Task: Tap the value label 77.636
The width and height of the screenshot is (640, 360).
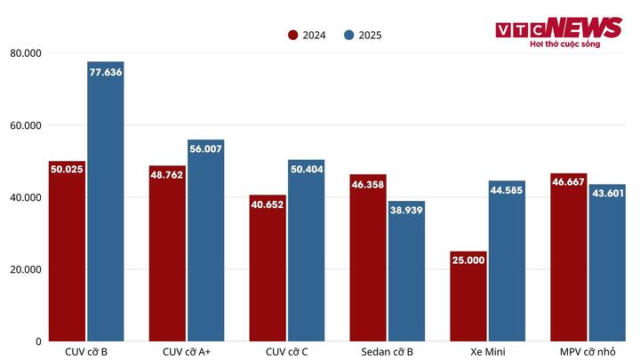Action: click(105, 71)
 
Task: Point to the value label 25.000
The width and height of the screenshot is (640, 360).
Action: click(468, 260)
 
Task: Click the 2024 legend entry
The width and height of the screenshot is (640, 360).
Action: click(307, 36)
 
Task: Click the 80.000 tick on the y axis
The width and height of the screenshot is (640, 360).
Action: click(26, 53)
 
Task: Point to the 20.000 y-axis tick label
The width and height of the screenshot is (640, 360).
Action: click(26, 269)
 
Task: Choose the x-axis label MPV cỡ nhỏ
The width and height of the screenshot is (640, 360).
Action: click(587, 351)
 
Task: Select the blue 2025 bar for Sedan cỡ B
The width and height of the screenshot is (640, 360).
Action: click(406, 276)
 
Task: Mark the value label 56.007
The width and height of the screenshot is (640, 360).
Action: click(205, 149)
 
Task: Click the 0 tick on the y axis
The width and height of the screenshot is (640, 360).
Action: click(37, 341)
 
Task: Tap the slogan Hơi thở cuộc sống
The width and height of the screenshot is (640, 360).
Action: click(564, 44)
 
